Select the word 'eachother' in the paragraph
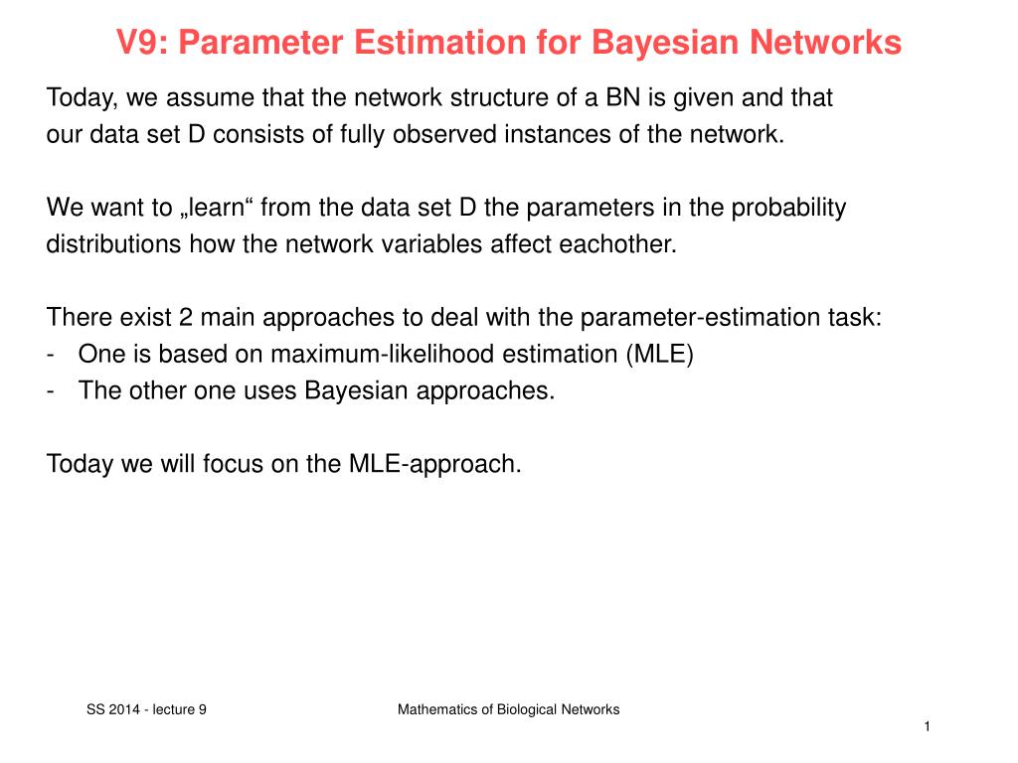(x=616, y=244)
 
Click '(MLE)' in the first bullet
(x=659, y=355)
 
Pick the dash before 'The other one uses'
(x=51, y=390)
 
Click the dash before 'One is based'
(x=51, y=355)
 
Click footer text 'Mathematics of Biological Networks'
(x=508, y=709)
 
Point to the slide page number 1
(x=926, y=729)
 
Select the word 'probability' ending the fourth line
(x=790, y=208)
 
